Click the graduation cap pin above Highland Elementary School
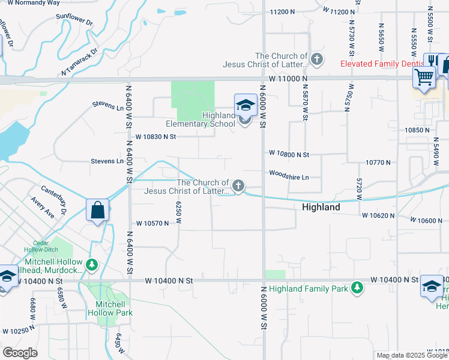point(246,106)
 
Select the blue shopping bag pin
point(97,211)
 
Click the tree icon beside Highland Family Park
point(357,289)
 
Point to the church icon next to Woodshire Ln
point(238,187)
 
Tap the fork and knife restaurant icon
point(432,61)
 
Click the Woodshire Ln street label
point(289,177)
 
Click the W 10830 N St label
point(155,137)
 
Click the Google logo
point(20,353)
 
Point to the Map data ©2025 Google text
point(411,355)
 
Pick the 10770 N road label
point(378,162)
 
